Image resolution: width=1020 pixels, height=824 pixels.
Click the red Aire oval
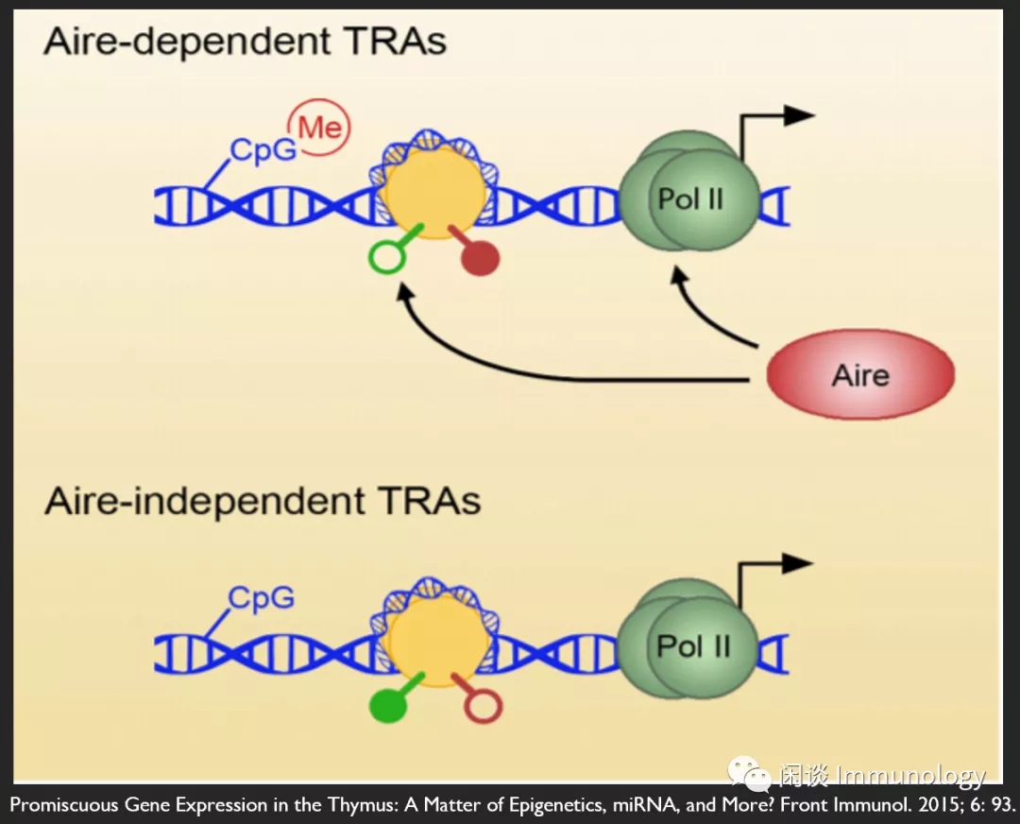860,375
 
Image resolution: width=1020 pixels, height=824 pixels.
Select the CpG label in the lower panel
262,598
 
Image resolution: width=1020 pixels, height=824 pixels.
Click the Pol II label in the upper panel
690,199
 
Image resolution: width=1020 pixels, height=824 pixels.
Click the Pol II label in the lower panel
694,646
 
